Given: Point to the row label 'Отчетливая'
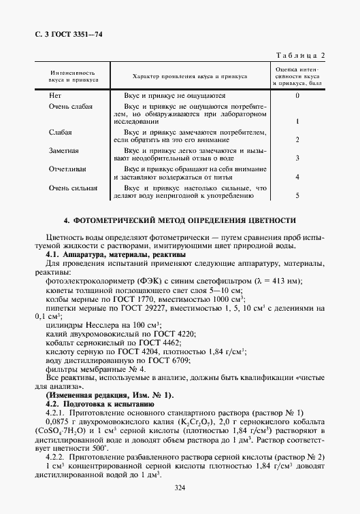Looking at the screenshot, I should tap(67, 168).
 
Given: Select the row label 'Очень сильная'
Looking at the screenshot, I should tap(72, 188).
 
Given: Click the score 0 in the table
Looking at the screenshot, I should tap(297, 97).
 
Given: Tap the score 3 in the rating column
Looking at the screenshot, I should tap(297, 158).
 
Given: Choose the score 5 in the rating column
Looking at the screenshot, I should tap(297, 196).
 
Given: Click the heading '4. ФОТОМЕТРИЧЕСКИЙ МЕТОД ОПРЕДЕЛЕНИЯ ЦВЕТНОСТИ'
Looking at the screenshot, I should tap(180, 221).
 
